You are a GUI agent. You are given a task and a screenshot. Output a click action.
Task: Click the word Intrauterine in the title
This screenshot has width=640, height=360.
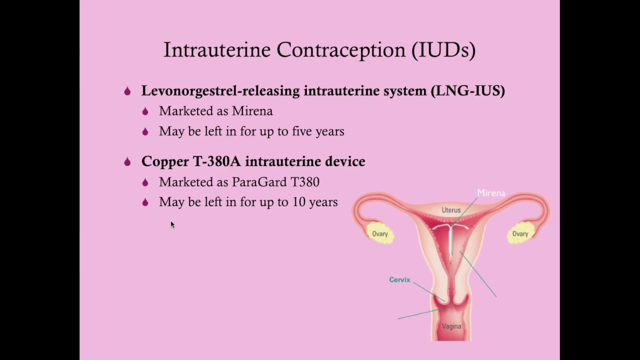pyautogui.click(x=217, y=50)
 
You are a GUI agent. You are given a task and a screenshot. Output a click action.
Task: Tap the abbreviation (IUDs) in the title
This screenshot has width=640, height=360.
pyautogui.click(x=443, y=50)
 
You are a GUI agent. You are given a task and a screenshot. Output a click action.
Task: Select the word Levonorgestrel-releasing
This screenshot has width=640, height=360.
pyautogui.click(x=220, y=91)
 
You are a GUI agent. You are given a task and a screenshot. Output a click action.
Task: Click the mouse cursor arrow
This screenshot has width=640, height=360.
pyautogui.click(x=172, y=224)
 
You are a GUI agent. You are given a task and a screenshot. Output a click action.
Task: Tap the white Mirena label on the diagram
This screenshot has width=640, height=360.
pyautogui.click(x=491, y=193)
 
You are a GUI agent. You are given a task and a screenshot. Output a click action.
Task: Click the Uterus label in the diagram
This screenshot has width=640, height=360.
pyautogui.click(x=451, y=210)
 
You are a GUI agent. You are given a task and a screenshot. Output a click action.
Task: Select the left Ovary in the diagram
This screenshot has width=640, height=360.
pyautogui.click(x=379, y=234)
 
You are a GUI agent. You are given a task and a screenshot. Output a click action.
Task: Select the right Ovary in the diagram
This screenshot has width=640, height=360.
pyautogui.click(x=520, y=234)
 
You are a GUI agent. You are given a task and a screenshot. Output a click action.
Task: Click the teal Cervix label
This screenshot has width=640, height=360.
pyautogui.click(x=399, y=279)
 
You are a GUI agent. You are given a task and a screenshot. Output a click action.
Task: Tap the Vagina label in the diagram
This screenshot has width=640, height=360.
pyautogui.click(x=451, y=326)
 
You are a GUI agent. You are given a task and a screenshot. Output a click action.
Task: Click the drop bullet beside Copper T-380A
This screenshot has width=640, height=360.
pyautogui.click(x=127, y=161)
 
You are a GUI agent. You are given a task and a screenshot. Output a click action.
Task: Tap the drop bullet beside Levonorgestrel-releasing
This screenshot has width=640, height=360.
pyautogui.click(x=127, y=91)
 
